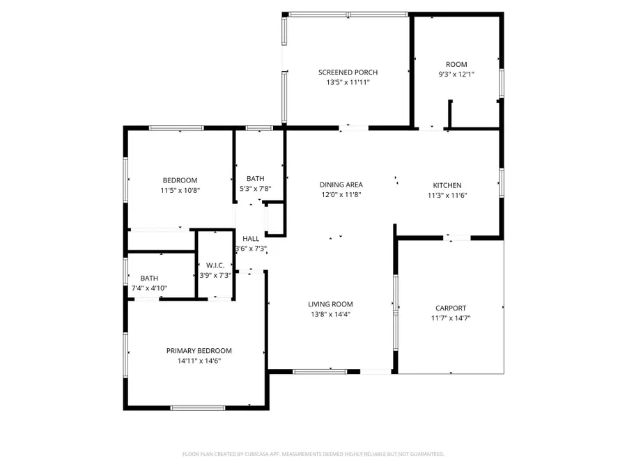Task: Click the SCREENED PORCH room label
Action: tap(348, 72)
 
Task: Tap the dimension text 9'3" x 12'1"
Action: tap(456, 74)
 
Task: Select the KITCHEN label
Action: tap(447, 185)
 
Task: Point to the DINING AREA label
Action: tap(341, 185)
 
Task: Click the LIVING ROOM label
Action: tap(330, 304)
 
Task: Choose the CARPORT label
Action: tap(451, 308)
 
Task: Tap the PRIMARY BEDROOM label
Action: tap(199, 351)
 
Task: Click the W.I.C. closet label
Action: tap(215, 265)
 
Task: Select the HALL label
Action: tap(251, 239)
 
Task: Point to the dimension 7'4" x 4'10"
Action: tap(149, 288)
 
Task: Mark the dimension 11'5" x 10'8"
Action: tap(180, 189)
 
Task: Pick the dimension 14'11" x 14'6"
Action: tap(199, 361)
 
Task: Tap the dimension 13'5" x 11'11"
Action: tap(348, 82)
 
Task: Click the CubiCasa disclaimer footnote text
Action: tap(313, 454)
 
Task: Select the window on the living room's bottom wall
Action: tap(320, 371)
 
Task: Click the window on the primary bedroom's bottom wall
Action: tap(197, 407)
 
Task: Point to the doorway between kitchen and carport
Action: tap(457, 237)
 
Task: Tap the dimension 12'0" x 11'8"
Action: tap(341, 194)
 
